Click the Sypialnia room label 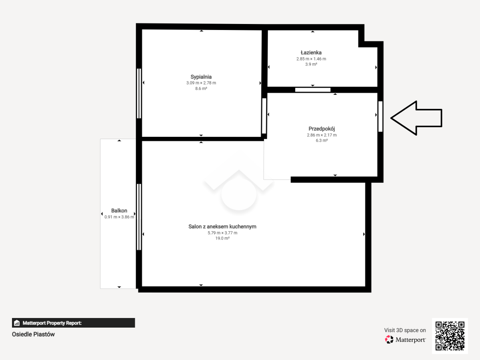201,77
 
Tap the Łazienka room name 311,52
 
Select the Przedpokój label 322,129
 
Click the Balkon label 119,211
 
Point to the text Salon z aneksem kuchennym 222,227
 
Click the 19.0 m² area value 222,238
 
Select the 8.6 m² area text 201,88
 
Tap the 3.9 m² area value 311,64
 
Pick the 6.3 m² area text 322,140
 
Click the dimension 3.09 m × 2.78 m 201,83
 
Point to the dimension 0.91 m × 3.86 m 119,217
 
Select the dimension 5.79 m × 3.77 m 222,233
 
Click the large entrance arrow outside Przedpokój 416,118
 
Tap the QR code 450,336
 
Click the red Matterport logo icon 389,340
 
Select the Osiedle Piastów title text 33,334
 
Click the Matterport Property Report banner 74,323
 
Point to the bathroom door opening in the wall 313,90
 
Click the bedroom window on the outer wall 139,94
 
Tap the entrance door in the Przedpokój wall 380,116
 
